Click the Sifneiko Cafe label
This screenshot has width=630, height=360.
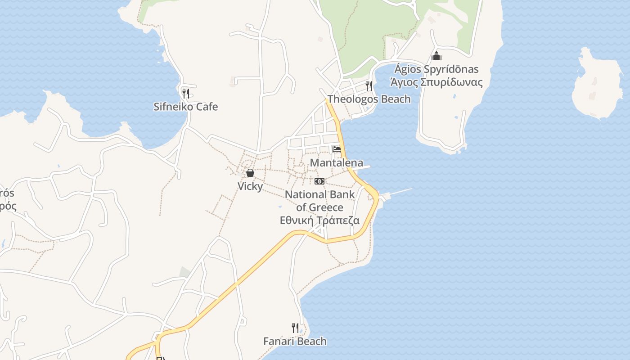tap(185, 107)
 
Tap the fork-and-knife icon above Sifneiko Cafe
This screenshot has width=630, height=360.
tap(185, 93)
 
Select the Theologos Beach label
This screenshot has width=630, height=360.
tap(369, 99)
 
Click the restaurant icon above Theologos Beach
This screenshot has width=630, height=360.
tap(369, 85)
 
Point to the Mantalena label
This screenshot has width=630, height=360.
tap(337, 162)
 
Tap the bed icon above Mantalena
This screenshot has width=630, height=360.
tap(337, 149)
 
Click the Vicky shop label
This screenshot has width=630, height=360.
tap(250, 186)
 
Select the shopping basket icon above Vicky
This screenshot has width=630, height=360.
tap(250, 173)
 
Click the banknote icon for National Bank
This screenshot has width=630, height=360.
tap(319, 181)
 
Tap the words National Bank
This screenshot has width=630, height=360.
tap(319, 194)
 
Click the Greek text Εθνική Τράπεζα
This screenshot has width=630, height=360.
tap(319, 220)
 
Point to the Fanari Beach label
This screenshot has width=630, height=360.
tap(295, 341)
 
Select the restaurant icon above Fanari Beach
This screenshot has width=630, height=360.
tap(295, 328)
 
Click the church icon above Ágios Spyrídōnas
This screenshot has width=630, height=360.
tap(436, 56)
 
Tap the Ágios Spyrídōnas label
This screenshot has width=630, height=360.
tap(436, 69)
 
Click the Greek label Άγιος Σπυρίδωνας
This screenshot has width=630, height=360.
tap(436, 82)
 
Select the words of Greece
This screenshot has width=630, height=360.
tap(319, 207)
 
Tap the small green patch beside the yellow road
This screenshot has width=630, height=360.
tap(184, 272)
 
